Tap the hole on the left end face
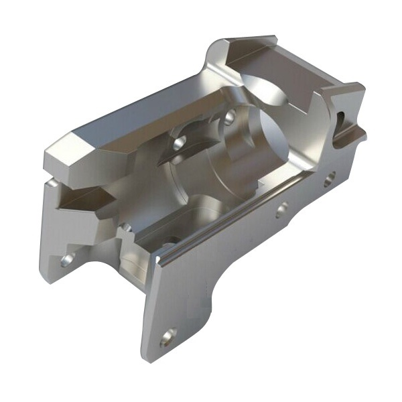coord(67,259)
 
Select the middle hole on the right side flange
coord(282,210)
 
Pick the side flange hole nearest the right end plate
coord(329,178)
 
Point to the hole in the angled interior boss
coord(180,143)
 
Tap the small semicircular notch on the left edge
coord(51,182)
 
